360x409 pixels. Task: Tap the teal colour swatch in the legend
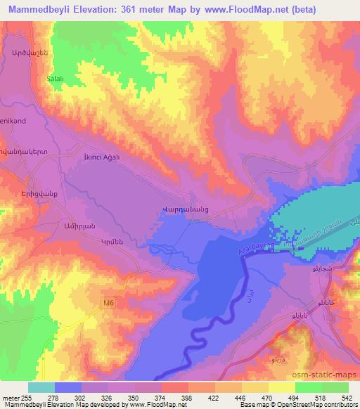[41, 387]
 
